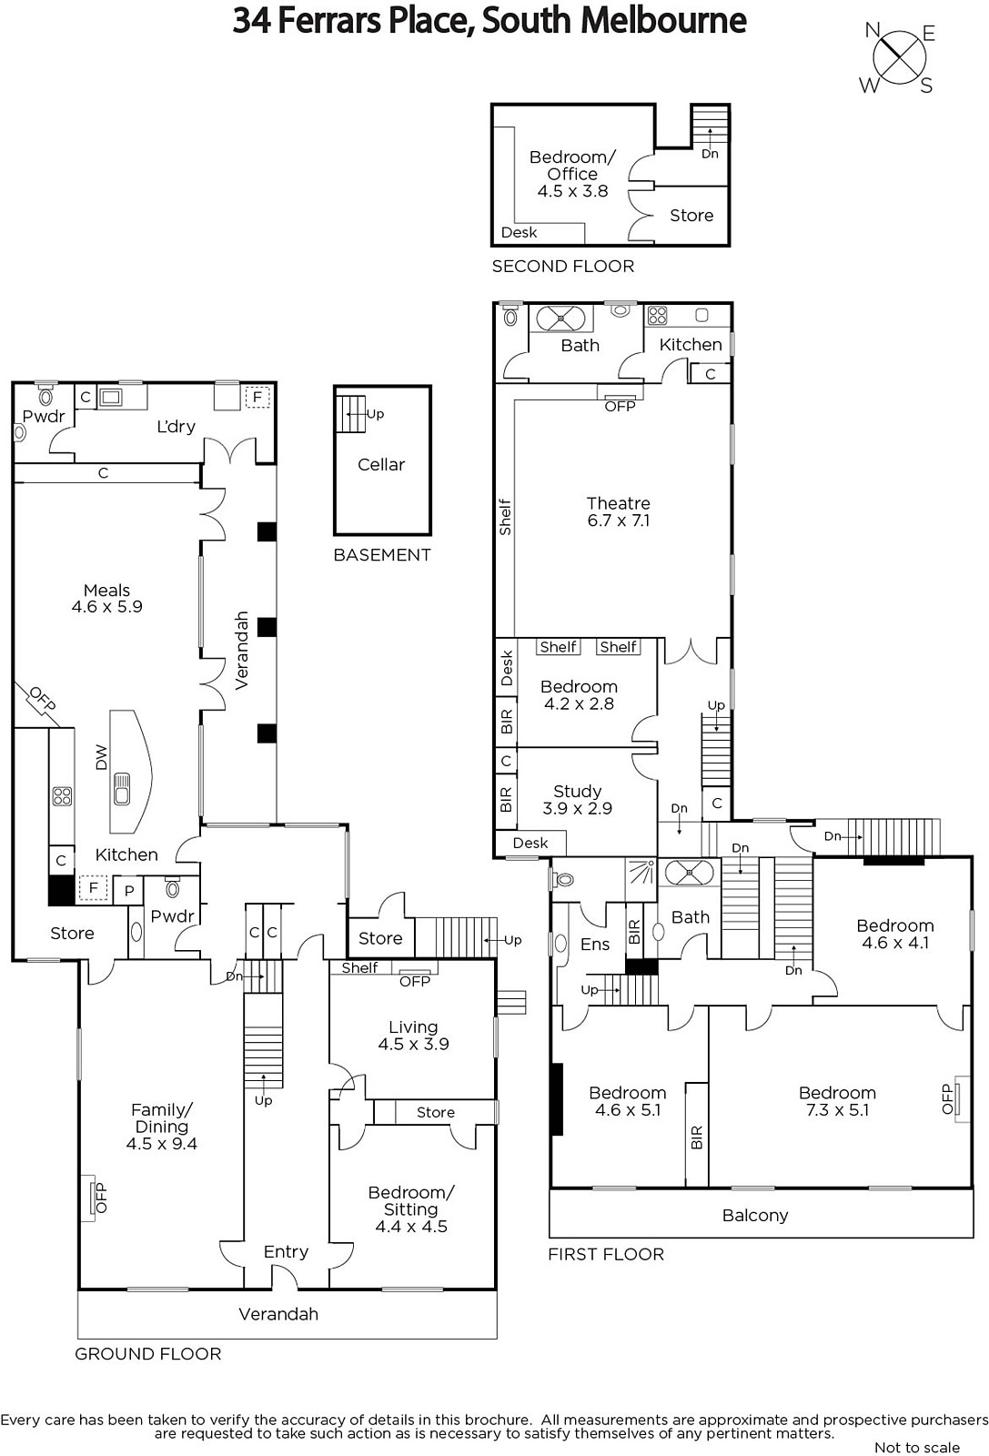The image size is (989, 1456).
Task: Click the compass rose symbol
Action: [899, 58]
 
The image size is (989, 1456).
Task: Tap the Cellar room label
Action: [381, 465]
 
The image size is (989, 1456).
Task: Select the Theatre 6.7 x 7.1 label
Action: [618, 511]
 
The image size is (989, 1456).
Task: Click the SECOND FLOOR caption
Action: [562, 266]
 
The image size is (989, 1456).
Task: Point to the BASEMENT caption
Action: [382, 555]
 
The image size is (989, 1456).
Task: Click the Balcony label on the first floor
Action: [755, 1216]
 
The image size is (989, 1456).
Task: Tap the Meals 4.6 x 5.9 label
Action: [107, 599]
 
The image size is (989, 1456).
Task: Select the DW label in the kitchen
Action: [101, 757]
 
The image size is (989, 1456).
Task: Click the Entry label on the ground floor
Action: [286, 1252]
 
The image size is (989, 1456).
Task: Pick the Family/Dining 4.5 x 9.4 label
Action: [162, 1127]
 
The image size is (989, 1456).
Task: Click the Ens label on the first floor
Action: [595, 945]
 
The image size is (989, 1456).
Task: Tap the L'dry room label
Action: [177, 427]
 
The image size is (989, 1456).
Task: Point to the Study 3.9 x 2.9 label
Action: [577, 800]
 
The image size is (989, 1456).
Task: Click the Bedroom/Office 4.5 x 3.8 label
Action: [572, 174]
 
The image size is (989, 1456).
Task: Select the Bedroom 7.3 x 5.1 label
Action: [838, 1101]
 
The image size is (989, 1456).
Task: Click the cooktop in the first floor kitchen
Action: [657, 315]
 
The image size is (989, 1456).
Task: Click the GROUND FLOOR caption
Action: [148, 1354]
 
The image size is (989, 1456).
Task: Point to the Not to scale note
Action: [917, 1447]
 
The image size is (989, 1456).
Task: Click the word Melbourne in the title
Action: [662, 21]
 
